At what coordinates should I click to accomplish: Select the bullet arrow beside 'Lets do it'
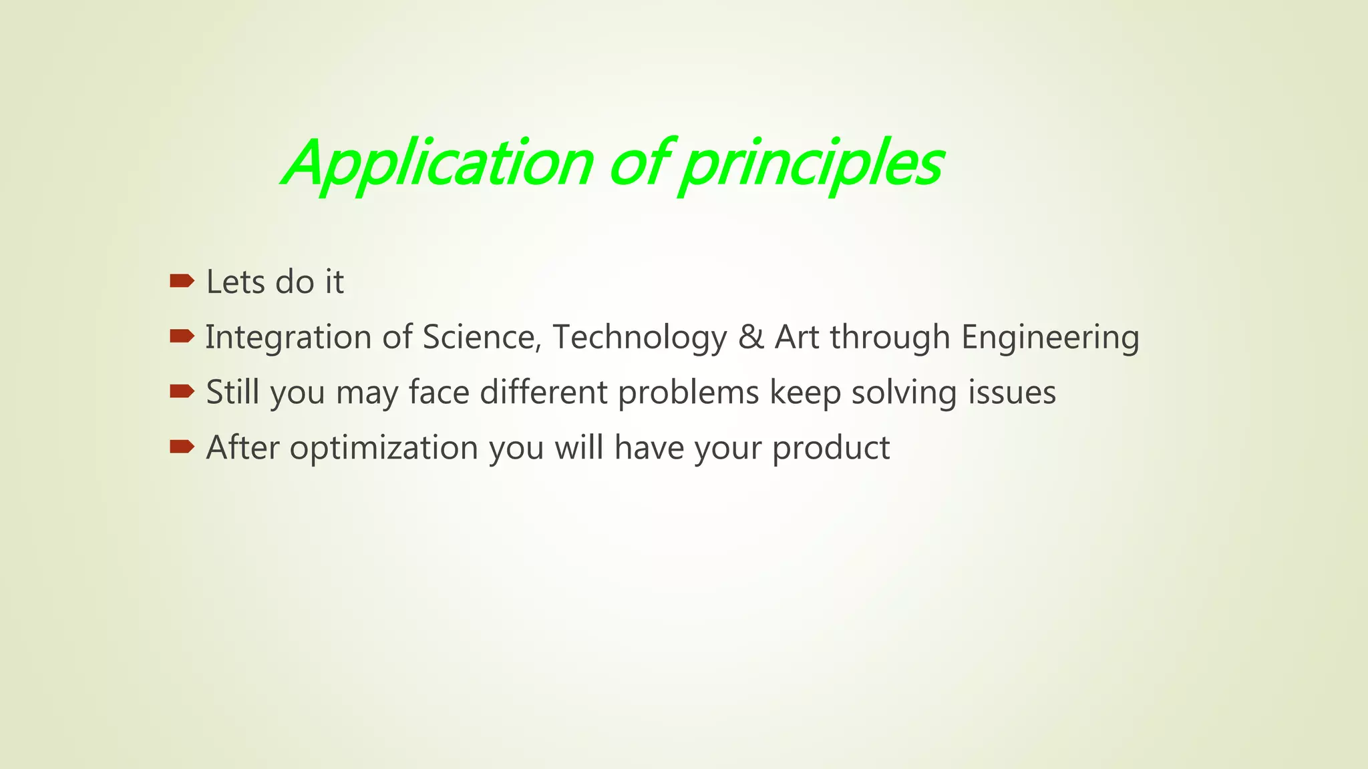click(x=182, y=280)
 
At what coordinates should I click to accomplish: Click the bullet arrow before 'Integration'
click(x=182, y=336)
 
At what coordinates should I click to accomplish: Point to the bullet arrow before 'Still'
click(x=182, y=391)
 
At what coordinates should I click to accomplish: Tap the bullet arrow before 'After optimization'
click(x=182, y=447)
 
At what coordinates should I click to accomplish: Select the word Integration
click(x=288, y=337)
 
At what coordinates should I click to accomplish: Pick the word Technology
click(x=639, y=337)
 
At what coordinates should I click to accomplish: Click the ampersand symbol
click(x=751, y=337)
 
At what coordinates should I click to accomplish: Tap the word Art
click(x=796, y=337)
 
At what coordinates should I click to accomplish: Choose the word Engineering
click(x=1050, y=337)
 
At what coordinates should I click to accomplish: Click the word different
click(x=543, y=393)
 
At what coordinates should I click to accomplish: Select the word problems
click(x=688, y=393)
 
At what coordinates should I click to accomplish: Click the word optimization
click(x=383, y=448)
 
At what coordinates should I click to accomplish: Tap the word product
click(x=831, y=448)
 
